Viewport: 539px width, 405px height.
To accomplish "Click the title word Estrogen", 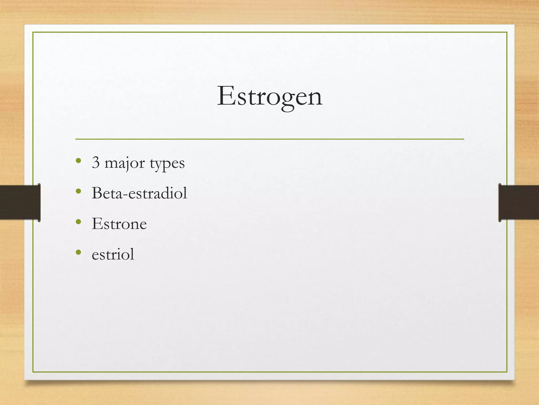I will tap(269, 97).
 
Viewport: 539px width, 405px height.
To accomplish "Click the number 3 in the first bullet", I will tap(96, 162).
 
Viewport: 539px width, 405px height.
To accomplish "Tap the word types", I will tap(167, 163).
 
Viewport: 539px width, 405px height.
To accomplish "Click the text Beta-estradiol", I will tap(139, 193).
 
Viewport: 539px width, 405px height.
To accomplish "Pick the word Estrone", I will tap(119, 224).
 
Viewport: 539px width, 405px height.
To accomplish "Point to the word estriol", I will tap(113, 254).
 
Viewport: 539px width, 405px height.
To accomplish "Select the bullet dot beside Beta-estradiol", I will tap(78, 191).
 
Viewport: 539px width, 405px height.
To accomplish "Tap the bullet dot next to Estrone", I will tap(78, 222).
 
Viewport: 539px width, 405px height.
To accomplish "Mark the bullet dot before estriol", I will tap(78, 252).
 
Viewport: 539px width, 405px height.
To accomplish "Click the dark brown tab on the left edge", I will tap(20, 202).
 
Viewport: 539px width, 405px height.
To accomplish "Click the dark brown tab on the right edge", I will tap(519, 202).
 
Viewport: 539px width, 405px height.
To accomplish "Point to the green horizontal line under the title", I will tap(269, 139).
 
